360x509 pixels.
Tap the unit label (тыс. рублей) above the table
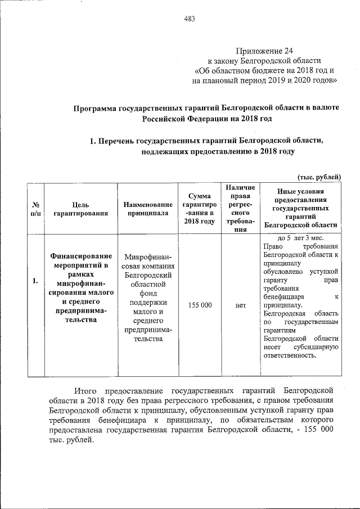click(319, 177)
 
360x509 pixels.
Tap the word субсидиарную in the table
click(317, 347)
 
